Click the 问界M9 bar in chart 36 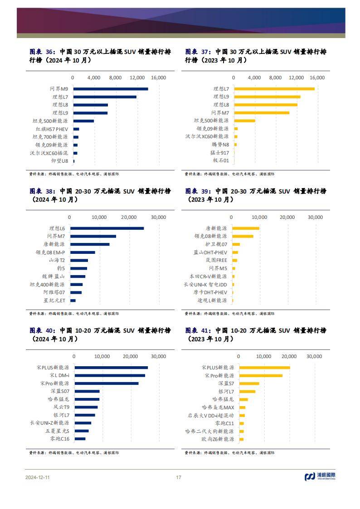[111, 89]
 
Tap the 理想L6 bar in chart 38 [107, 228]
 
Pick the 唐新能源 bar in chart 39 [246, 228]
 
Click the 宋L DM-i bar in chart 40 [110, 375]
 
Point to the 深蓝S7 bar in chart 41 [249, 383]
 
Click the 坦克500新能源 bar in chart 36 [83, 121]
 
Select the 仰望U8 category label [60, 161]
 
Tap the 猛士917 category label [220, 153]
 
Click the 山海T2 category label [57, 261]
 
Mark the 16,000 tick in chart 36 [159, 78]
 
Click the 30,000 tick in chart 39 [316, 218]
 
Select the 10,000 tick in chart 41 [264, 356]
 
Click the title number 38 [50, 191]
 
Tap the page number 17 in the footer [179, 477]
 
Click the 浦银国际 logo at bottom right [320, 476]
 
